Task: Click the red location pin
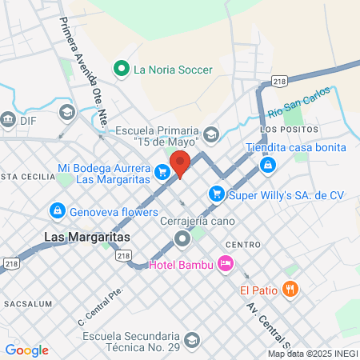180,162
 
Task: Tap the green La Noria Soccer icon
122,69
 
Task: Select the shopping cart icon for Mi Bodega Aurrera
162,170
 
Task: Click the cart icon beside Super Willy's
215,194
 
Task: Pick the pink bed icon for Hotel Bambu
226,262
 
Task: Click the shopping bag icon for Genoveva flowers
57,212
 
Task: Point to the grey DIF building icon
9,120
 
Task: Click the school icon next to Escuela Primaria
211,132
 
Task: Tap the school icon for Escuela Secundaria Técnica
190,342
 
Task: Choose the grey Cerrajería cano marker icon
182,238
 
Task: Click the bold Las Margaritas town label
77,238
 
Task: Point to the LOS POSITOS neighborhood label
289,130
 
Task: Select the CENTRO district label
242,244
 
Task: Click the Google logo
26,350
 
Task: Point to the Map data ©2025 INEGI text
313,354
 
